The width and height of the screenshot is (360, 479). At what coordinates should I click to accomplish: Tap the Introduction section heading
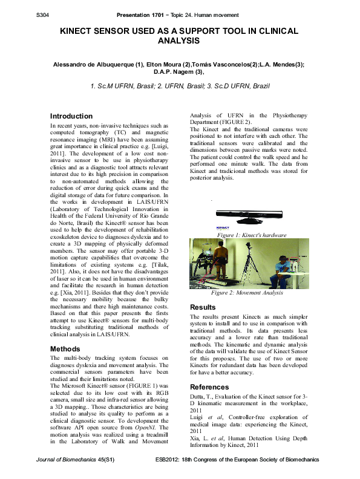click(x=71, y=116)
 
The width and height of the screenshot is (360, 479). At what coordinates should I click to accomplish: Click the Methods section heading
click(x=65, y=349)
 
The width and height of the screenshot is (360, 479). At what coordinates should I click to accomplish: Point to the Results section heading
click(x=203, y=307)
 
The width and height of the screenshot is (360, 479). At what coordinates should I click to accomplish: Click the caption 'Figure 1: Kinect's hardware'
click(x=251, y=235)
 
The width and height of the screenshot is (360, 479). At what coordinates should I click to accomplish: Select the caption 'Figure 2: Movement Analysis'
click(x=247, y=293)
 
